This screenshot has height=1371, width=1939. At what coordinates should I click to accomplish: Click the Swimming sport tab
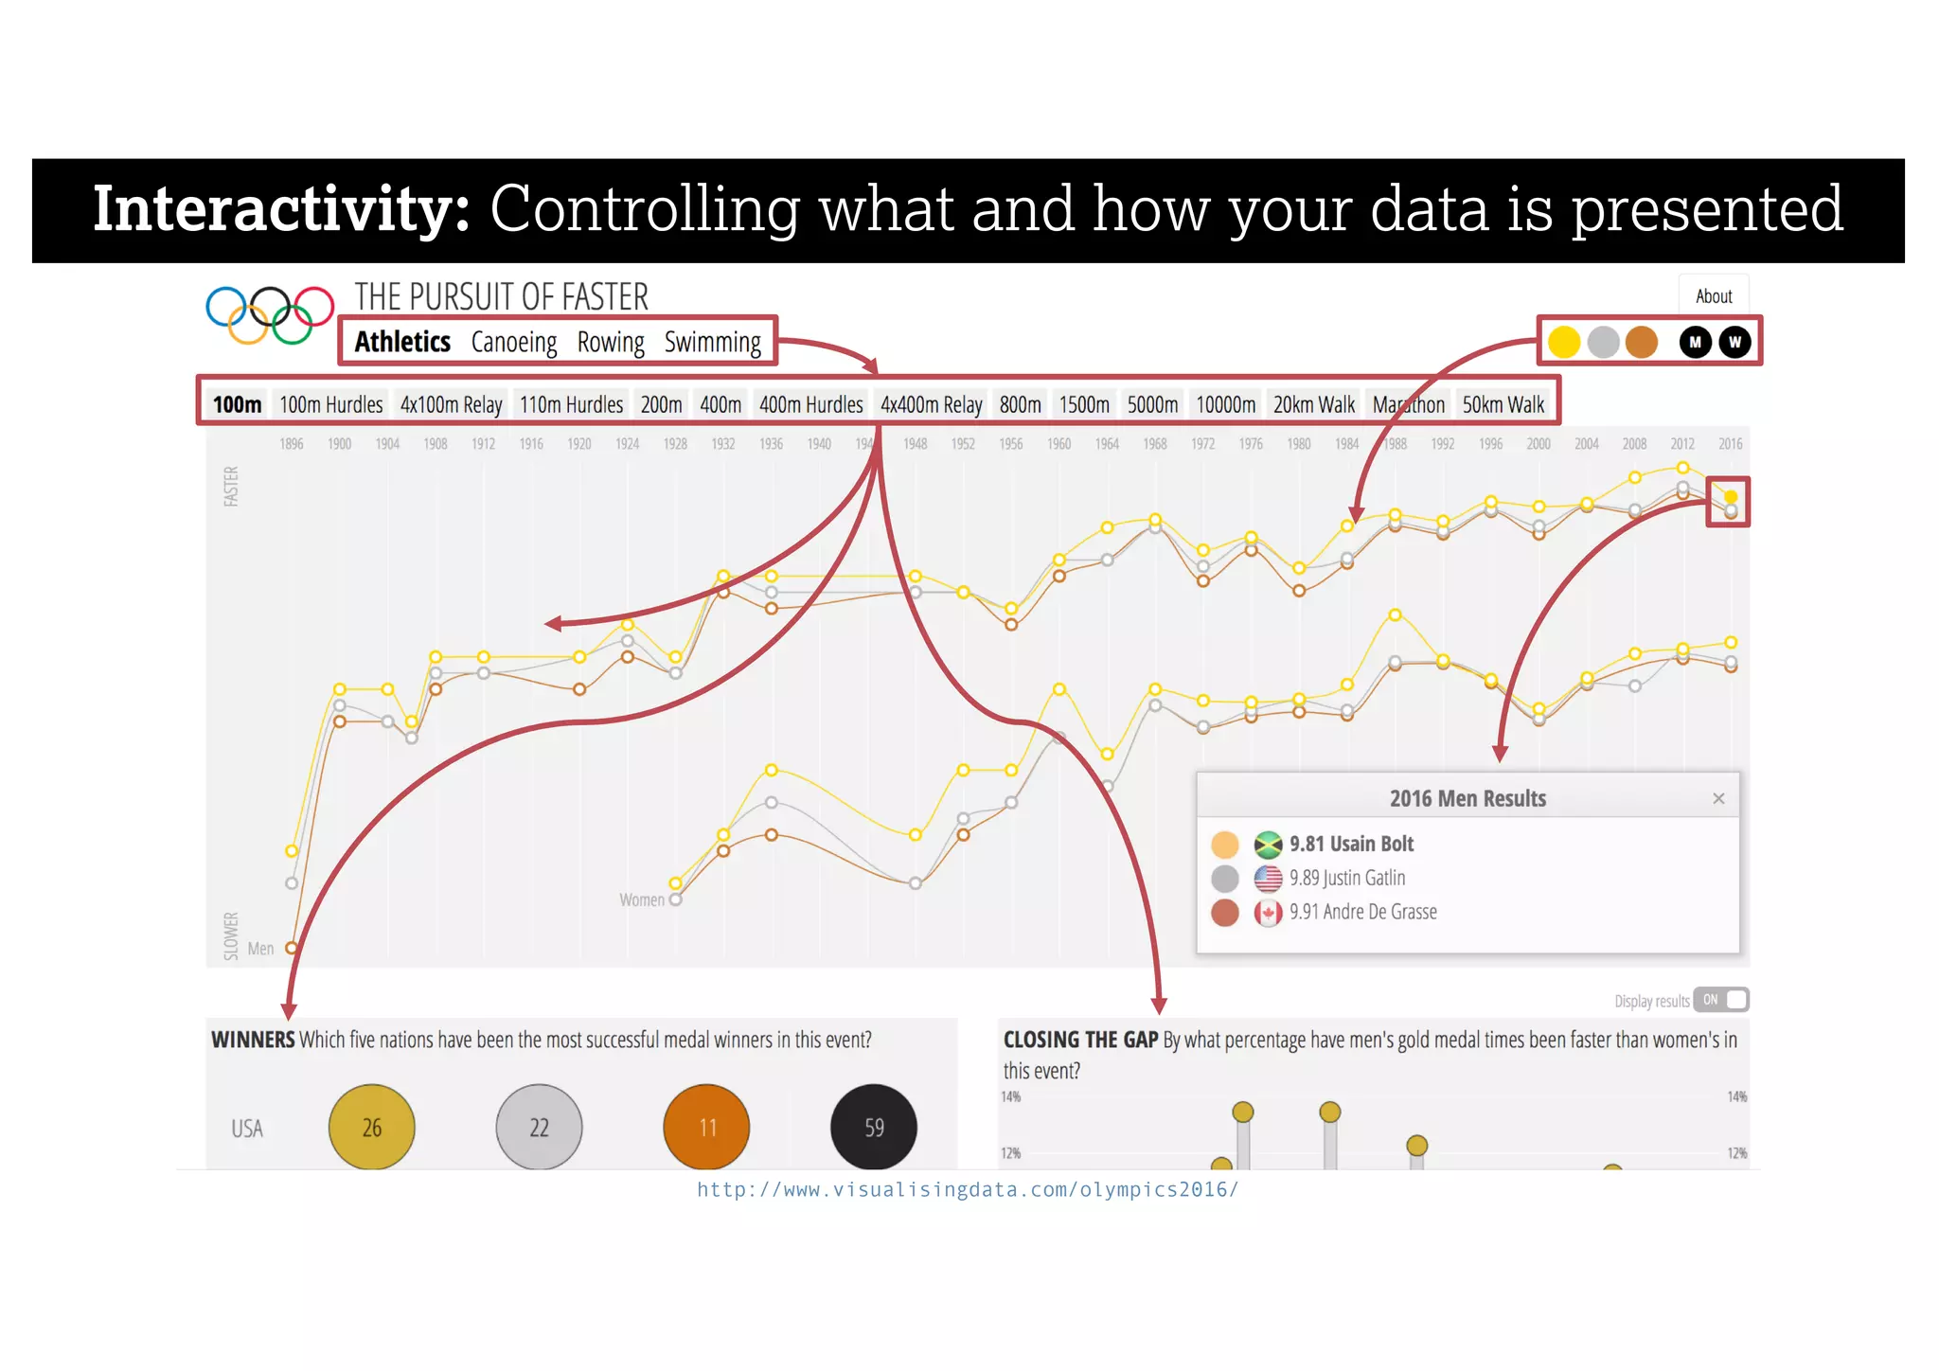712,342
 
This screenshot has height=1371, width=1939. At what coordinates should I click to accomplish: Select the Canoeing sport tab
514,342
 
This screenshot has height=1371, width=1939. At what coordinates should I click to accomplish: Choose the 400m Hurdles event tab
810,405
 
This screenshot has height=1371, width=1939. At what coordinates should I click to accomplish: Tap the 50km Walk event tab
1503,405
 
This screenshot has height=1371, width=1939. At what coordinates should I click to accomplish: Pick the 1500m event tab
1083,405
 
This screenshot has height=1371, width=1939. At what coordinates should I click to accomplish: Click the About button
1713,296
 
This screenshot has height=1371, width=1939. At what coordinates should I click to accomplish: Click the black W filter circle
1734,342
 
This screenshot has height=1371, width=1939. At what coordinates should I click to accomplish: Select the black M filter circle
1695,342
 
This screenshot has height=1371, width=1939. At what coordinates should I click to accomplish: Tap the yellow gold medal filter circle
1564,342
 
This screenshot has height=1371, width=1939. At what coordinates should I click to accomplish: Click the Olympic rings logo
270,314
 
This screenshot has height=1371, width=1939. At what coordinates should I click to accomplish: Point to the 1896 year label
292,444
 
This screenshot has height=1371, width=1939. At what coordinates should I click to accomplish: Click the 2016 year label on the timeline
1730,444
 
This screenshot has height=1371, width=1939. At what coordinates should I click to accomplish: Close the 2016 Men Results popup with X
1718,799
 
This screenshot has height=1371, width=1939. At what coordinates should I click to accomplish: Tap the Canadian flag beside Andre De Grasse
1268,913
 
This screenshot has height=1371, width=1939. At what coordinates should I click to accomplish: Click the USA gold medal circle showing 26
371,1127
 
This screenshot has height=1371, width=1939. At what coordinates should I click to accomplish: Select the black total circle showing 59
873,1127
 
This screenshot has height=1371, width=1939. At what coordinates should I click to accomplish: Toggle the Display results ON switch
1720,1000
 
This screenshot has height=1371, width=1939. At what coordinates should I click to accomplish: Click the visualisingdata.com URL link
968,1190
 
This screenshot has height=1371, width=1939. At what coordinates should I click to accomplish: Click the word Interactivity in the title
281,209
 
